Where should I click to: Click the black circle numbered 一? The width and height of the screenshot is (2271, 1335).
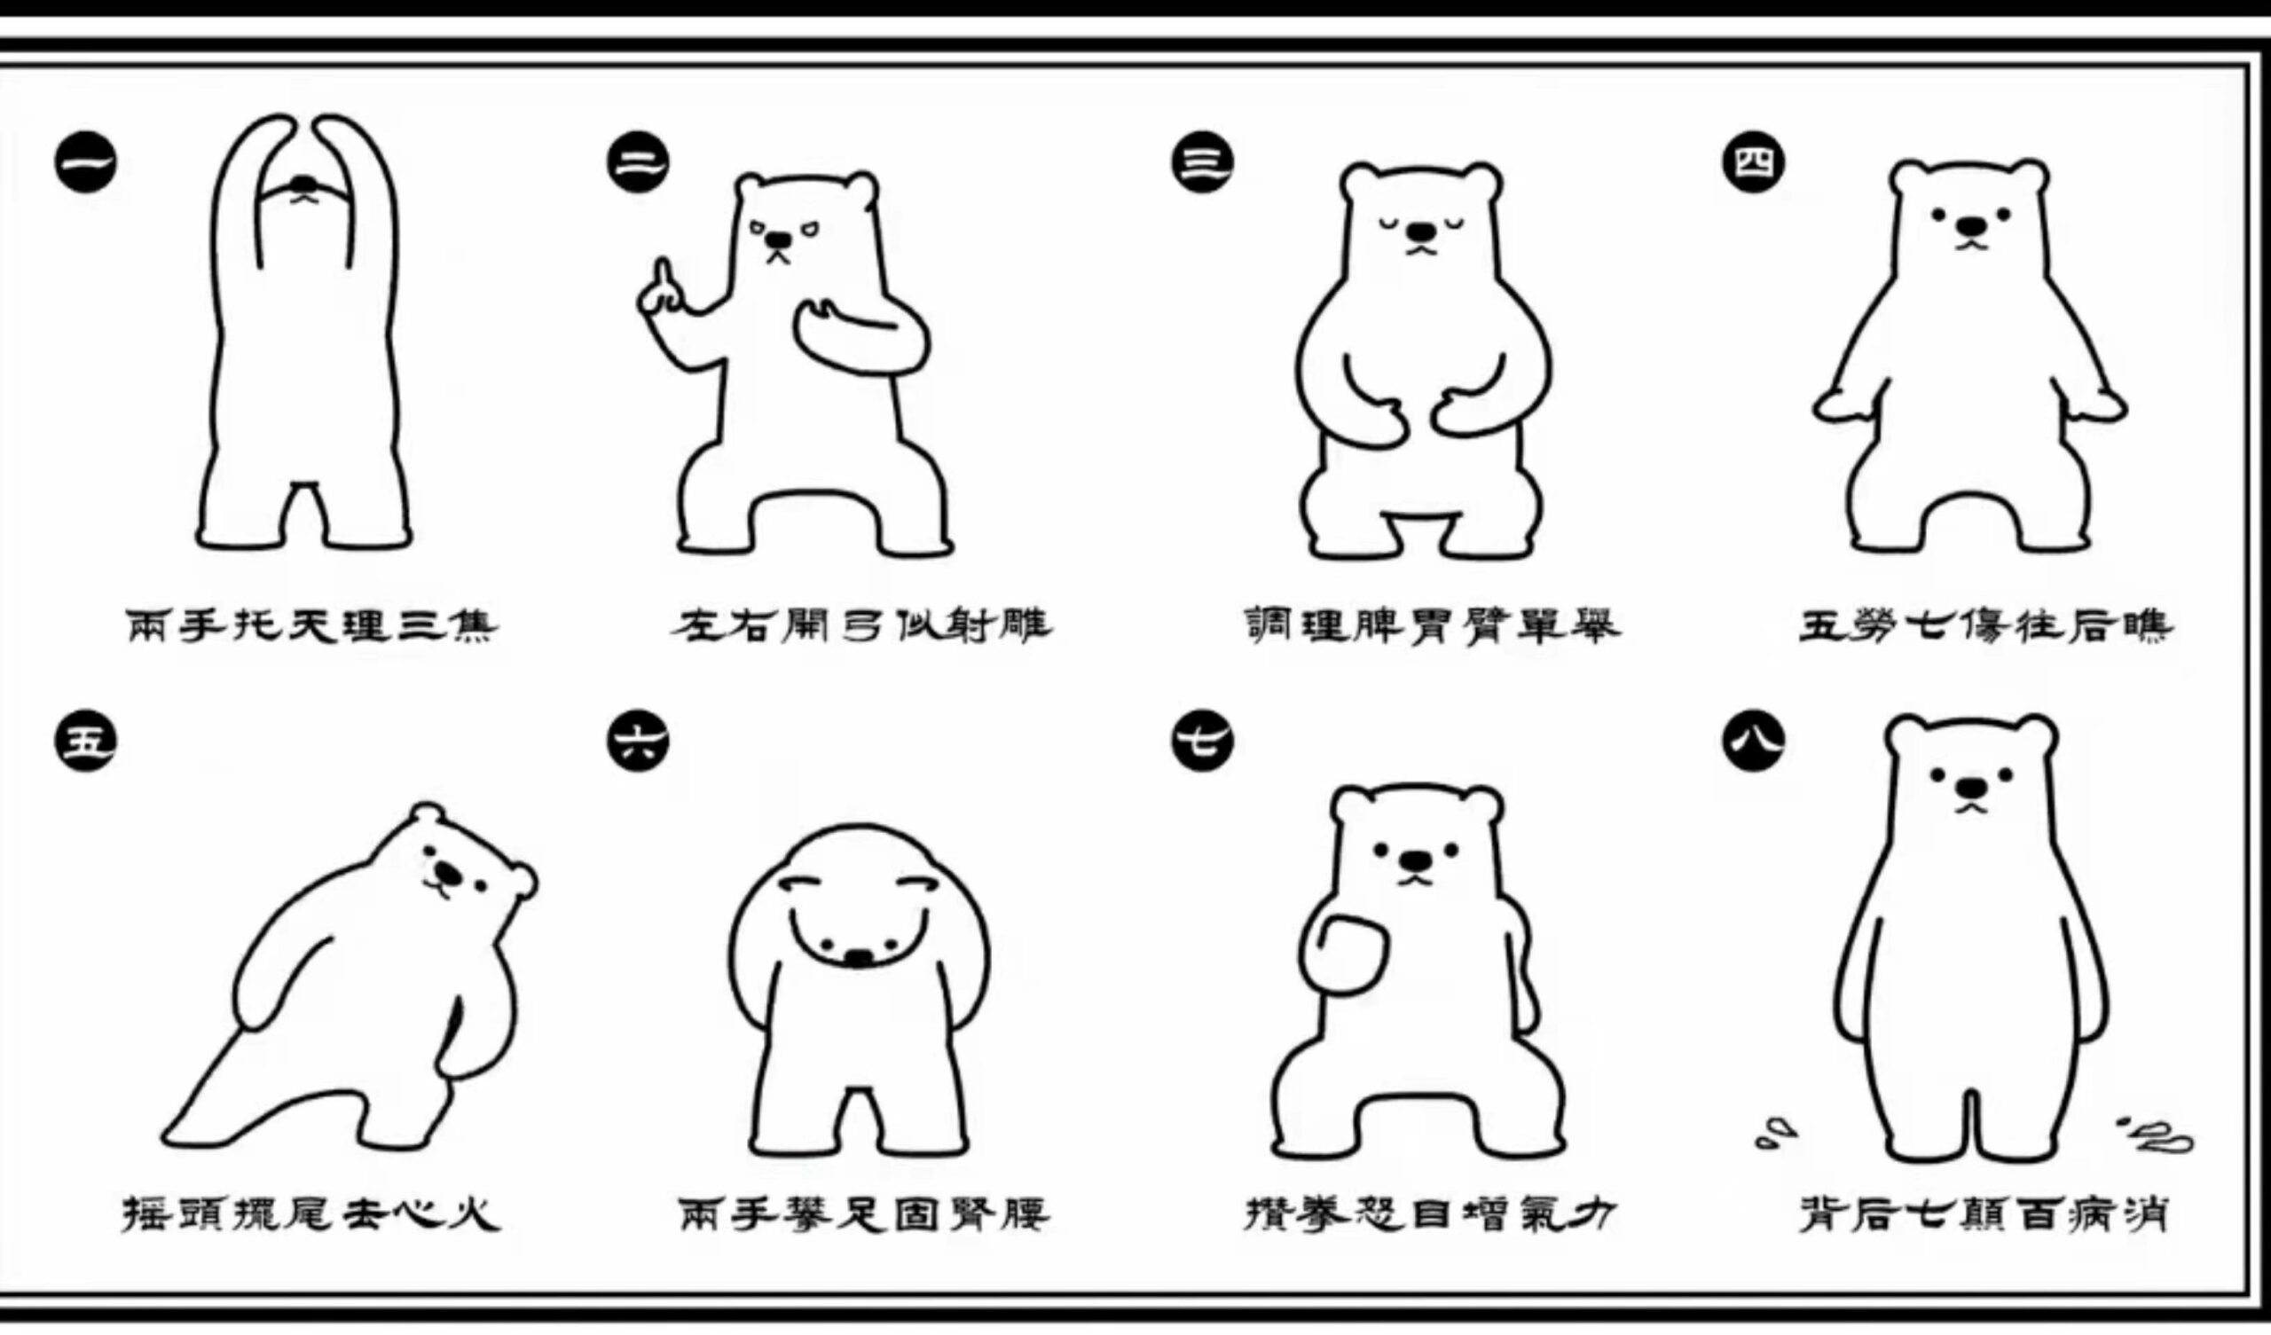point(86,162)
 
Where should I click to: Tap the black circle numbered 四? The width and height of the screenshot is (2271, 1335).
point(1754,162)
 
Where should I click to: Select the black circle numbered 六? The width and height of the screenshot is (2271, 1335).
point(638,741)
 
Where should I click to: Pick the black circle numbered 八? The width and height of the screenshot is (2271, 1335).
point(1754,741)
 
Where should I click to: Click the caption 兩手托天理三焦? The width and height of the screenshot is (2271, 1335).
point(310,625)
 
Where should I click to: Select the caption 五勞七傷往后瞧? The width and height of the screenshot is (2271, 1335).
point(1986,625)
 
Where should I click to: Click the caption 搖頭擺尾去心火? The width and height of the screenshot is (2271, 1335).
point(310,1213)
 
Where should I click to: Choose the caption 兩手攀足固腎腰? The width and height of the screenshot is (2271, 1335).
point(864,1213)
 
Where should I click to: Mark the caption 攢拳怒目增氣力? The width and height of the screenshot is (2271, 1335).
point(1431,1213)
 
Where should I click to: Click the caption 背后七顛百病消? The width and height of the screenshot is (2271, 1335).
point(1984,1213)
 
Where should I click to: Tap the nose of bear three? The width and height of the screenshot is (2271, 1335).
point(1422,231)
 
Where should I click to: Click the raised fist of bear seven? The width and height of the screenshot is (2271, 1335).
point(1344,954)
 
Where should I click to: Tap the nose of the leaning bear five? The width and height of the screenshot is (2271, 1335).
point(446,871)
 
